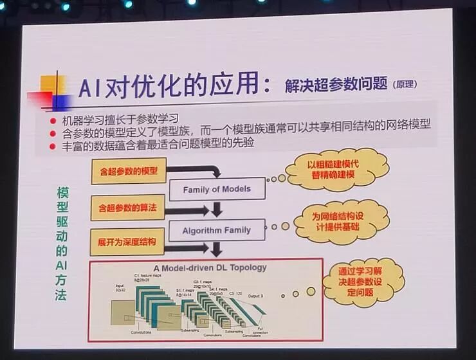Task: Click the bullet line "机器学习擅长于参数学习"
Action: pyautogui.click(x=119, y=120)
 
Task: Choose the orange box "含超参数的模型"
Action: pyautogui.click(x=127, y=172)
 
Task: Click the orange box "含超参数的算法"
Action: pyautogui.click(x=127, y=209)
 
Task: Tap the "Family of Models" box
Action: pyautogui.click(x=217, y=190)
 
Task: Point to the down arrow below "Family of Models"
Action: pyautogui.click(x=217, y=209)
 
